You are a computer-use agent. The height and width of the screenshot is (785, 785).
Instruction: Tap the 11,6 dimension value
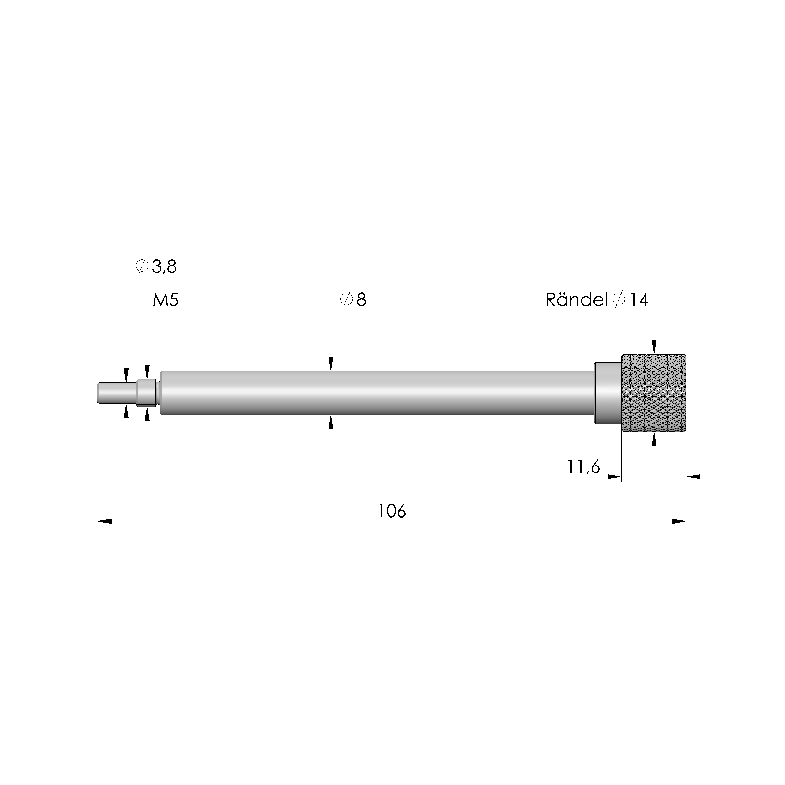point(583,467)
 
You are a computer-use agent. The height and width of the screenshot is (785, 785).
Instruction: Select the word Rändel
point(576,300)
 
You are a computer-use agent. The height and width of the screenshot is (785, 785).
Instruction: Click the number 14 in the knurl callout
point(639,300)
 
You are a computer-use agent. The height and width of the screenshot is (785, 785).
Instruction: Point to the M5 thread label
point(165,300)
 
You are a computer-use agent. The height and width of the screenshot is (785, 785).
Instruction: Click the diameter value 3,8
point(164,267)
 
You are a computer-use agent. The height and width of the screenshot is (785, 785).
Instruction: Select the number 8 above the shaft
point(361,300)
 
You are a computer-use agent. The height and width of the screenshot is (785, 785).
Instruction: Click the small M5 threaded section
point(147,392)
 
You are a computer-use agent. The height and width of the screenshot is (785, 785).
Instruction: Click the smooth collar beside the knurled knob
point(608,392)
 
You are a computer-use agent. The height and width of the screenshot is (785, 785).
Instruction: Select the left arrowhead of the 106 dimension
point(104,521)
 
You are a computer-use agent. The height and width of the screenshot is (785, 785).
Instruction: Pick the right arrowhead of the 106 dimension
point(679,521)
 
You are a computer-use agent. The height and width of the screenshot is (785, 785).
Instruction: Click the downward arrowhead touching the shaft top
point(331,364)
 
